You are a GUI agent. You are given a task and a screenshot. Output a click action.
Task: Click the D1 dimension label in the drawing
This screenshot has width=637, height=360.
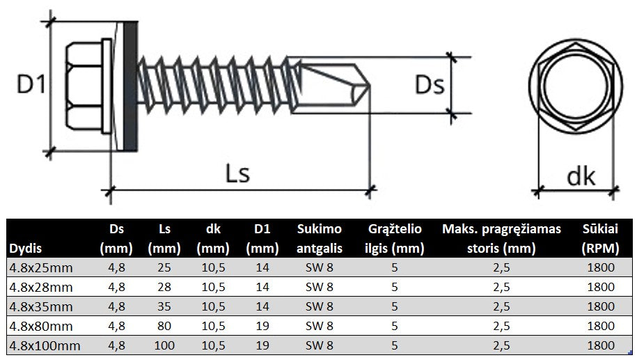(31, 85)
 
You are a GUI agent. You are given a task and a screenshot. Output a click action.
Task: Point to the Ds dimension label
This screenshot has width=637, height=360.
(429, 86)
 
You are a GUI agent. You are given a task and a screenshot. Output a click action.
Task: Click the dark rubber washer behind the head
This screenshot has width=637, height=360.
(130, 86)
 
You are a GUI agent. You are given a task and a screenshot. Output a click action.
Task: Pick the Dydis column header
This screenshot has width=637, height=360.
(25, 249)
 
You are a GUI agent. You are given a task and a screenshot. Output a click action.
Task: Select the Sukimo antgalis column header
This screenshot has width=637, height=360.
(319, 238)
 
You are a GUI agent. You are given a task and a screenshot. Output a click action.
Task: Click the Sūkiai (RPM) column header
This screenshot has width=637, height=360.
(599, 238)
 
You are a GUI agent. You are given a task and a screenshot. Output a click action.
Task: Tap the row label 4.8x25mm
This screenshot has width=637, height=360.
(40, 267)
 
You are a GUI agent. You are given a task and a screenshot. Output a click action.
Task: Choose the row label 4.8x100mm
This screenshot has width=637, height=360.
(43, 345)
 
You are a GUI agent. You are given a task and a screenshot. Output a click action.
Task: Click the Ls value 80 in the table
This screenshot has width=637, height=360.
(164, 325)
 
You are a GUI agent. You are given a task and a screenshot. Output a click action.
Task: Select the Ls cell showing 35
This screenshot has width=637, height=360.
(164, 306)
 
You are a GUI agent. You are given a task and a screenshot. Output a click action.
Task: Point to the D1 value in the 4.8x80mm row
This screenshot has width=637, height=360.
(262, 325)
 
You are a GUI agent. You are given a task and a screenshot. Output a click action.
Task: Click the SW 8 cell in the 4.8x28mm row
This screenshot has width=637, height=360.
(319, 286)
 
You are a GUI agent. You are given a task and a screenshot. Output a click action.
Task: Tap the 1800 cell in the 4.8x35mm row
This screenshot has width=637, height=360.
(599, 306)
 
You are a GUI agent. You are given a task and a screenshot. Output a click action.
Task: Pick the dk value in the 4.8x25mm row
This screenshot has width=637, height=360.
(213, 267)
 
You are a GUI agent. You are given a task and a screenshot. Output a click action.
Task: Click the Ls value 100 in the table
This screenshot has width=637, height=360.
(164, 345)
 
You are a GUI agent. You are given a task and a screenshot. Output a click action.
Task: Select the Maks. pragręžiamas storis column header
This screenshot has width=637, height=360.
(501, 238)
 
